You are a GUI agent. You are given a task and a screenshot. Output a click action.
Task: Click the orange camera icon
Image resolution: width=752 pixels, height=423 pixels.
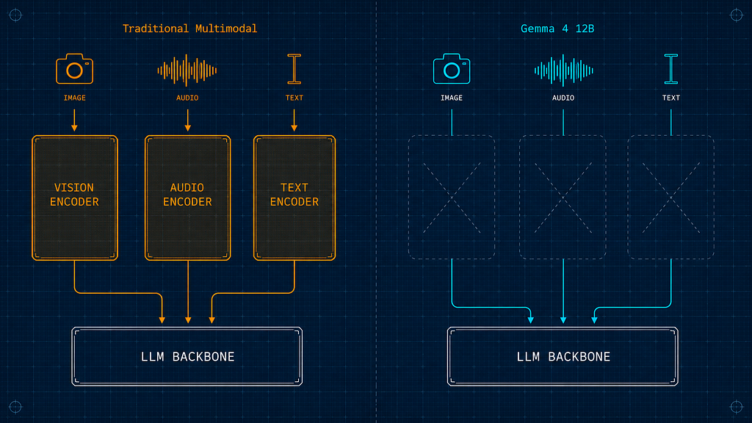[74, 68]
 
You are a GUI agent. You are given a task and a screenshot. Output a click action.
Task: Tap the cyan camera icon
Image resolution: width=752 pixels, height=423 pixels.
[452, 68]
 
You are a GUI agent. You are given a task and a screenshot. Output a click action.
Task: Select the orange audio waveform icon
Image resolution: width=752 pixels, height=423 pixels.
[187, 70]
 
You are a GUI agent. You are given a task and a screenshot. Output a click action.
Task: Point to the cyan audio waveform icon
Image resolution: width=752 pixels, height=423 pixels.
[563, 70]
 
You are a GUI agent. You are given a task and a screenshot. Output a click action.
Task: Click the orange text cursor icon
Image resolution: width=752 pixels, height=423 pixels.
[294, 69]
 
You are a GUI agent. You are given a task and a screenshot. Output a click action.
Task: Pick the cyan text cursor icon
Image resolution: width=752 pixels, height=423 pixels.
[671, 69]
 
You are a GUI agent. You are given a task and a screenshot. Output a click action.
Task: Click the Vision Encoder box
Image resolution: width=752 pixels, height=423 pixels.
[75, 198]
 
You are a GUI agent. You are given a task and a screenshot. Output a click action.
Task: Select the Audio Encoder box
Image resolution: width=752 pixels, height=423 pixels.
[187, 198]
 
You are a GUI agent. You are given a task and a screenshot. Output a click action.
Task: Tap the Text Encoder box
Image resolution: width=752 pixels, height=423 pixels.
[294, 198]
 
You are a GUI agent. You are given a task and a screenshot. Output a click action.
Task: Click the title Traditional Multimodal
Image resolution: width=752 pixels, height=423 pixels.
[190, 29]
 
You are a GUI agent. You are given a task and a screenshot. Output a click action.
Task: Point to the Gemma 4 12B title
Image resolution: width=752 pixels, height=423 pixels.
[557, 29]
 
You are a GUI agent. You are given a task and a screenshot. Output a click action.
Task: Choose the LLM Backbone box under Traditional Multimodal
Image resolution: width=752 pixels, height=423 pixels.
[187, 356]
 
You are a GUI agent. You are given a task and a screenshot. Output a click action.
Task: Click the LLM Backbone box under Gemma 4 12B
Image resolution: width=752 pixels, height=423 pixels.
[563, 356]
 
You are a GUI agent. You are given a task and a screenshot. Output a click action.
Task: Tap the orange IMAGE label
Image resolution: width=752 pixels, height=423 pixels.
[75, 98]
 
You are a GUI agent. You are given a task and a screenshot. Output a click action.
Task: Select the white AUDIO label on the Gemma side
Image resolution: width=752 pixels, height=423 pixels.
[563, 98]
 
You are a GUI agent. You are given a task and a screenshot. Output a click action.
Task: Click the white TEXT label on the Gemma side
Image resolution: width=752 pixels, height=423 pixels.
[671, 98]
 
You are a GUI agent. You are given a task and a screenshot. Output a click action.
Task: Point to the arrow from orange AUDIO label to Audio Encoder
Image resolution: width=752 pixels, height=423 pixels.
[187, 120]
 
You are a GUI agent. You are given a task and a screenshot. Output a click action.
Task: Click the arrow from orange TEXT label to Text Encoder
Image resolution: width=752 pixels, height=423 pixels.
[294, 120]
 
